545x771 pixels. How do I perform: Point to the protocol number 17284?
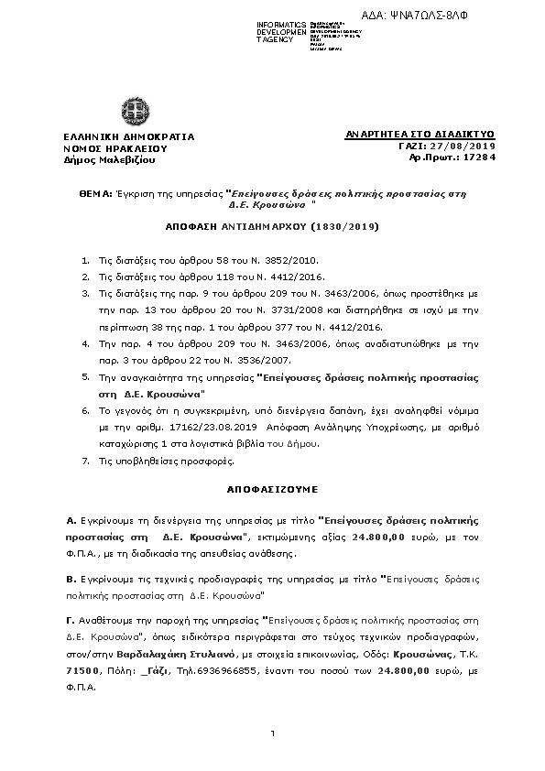pos(480,157)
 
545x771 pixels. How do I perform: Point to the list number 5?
pos(85,377)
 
